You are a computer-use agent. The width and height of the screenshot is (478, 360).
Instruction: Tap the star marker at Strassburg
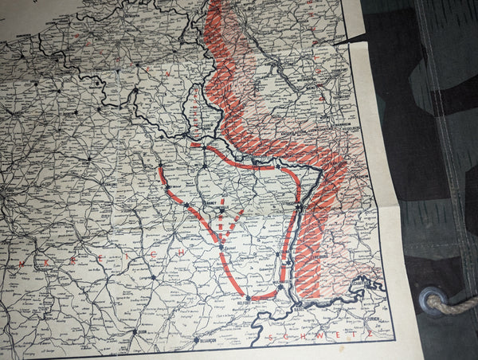point(299,208)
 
